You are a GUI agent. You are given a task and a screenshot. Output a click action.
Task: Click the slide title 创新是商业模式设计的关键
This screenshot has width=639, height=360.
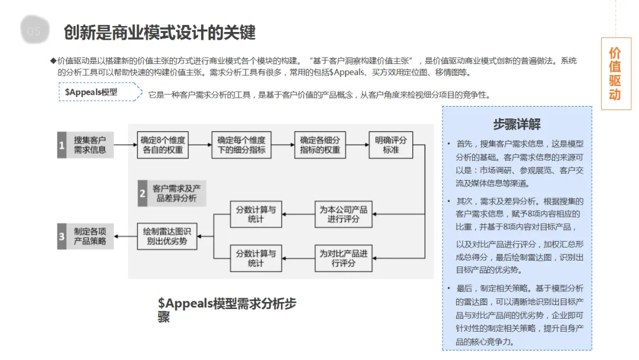pyautogui.click(x=160, y=32)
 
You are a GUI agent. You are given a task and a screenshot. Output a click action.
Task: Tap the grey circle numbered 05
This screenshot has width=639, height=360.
pyautogui.click(x=34, y=31)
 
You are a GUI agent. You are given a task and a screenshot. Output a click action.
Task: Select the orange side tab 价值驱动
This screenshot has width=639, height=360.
pyautogui.click(x=615, y=74)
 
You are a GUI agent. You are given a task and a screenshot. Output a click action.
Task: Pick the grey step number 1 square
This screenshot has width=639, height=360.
pyautogui.click(x=62, y=144)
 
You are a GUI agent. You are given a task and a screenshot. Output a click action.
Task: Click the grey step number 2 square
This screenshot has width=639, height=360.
pyautogui.click(x=142, y=193)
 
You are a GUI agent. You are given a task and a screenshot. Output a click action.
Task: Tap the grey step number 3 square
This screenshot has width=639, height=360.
pyautogui.click(x=62, y=236)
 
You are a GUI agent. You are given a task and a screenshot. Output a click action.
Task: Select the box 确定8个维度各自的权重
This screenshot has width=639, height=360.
pyautogui.click(x=163, y=145)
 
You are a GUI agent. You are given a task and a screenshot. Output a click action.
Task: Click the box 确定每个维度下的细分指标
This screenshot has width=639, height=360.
pyautogui.click(x=241, y=145)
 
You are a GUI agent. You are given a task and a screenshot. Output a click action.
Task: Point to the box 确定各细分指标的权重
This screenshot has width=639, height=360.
pyautogui.click(x=319, y=145)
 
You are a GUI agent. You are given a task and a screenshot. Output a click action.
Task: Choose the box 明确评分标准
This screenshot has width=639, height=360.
pyautogui.click(x=390, y=145)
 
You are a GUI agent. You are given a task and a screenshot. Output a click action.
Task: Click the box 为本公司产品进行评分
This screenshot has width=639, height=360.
pyautogui.click(x=343, y=214)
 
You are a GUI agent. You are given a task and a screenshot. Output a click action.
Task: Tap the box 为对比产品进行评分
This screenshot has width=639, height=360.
pyautogui.click(x=343, y=258)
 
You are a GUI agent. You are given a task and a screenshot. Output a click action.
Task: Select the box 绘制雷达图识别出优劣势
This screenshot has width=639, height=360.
pyautogui.click(x=167, y=236)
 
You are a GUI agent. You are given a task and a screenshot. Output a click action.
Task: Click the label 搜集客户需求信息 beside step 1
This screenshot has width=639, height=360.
pyautogui.click(x=90, y=144)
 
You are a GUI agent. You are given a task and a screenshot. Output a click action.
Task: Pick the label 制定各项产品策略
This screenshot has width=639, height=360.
pyautogui.click(x=90, y=236)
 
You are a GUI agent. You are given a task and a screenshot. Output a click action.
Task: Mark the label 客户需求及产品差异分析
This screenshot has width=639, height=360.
pyautogui.click(x=176, y=193)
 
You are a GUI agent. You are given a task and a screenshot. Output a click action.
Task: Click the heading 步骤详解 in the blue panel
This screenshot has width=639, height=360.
pyautogui.click(x=517, y=124)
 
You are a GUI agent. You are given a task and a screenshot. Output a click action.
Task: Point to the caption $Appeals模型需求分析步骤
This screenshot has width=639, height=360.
pyautogui.click(x=227, y=310)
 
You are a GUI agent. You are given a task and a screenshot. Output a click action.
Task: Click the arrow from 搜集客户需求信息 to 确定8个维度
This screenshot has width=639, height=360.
pyautogui.click(x=124, y=144)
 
